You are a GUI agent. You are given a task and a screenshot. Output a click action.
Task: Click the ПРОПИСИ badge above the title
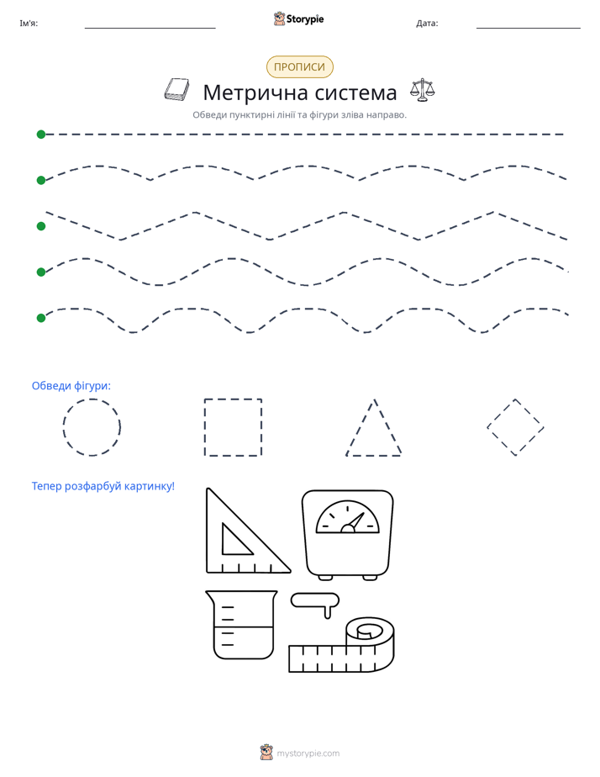coord(299,67)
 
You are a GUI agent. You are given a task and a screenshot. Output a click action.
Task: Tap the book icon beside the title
coord(176,90)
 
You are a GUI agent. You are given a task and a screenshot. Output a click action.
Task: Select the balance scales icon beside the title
coord(422,90)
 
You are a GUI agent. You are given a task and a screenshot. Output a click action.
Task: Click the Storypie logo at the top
coord(298,18)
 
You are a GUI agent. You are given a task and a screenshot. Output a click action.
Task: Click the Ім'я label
coord(29,24)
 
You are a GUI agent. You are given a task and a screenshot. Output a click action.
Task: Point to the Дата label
coord(427,24)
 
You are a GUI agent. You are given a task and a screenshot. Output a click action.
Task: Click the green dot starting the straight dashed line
coord(41,135)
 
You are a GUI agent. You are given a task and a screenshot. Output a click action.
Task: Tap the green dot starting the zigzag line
coord(41,226)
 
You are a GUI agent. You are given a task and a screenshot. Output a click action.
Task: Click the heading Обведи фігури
coord(71,385)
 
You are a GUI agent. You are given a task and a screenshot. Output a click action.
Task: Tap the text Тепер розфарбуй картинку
coord(103,486)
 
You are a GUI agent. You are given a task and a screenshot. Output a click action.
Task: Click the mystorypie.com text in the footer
coord(308,753)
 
